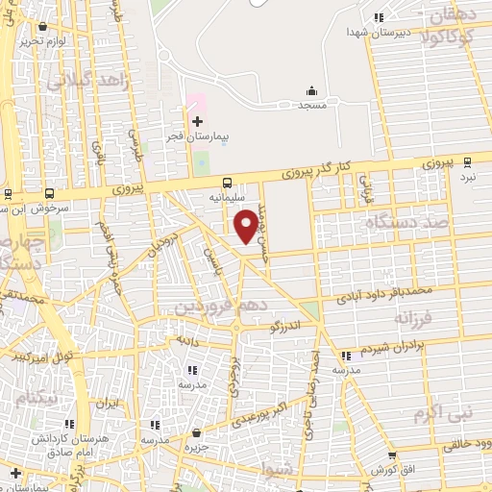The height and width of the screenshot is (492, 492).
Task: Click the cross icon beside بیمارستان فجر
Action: pos(197,121)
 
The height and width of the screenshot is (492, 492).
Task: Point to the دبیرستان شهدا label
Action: pos(379,31)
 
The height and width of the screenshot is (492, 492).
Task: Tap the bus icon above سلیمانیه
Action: pos(227,184)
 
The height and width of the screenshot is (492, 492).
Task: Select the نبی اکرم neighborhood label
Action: pos(443,413)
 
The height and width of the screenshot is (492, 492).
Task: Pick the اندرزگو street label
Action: pos(289,327)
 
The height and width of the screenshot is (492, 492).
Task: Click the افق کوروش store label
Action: pos(391,469)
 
